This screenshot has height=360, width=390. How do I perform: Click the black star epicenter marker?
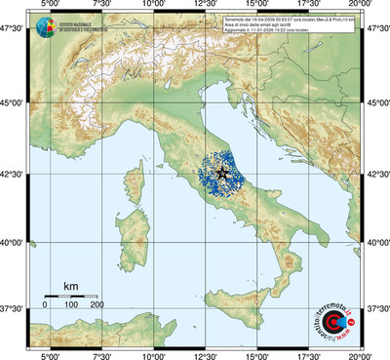pyautogui.click(x=222, y=173)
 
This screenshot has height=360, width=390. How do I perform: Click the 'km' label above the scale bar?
pyautogui.click(x=70, y=286)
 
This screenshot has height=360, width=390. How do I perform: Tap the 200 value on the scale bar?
pyautogui.click(x=97, y=305)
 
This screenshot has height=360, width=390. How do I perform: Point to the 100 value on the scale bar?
pyautogui.click(x=71, y=305)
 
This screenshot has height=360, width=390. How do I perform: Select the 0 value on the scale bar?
pyautogui.click(x=45, y=305)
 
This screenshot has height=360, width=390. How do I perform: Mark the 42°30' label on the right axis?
pyautogui.click(x=376, y=174)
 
